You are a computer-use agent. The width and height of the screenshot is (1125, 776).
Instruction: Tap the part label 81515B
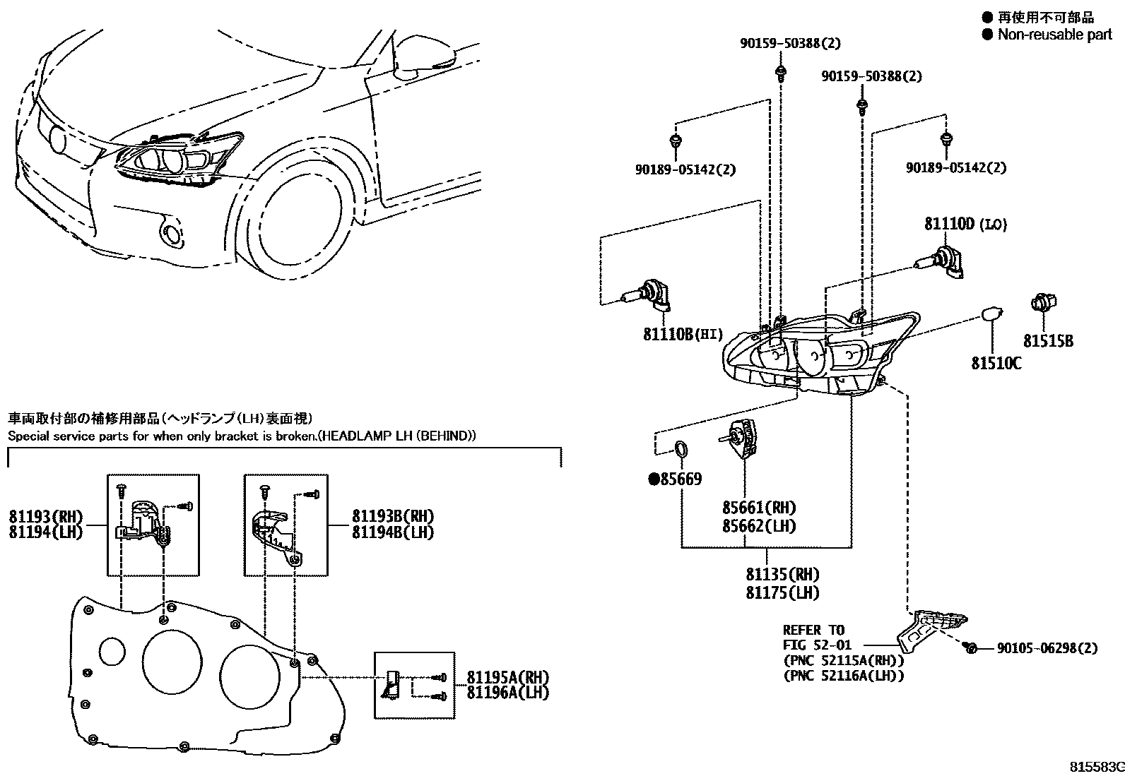tap(1049, 341)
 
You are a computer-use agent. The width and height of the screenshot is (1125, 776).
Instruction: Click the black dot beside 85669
tap(654, 480)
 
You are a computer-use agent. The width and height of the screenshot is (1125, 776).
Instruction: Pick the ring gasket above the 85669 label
tap(682, 449)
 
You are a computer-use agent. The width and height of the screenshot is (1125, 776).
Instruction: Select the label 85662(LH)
tap(759, 526)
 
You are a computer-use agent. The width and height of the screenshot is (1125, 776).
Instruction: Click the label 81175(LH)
tap(782, 593)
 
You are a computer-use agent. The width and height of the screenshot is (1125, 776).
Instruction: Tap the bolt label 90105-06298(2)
tap(1047, 648)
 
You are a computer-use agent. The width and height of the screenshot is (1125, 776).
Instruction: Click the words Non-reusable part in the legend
tap(1054, 35)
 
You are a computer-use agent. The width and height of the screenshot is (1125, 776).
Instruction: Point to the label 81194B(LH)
tap(393, 532)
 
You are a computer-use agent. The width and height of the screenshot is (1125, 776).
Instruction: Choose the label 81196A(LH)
tap(507, 693)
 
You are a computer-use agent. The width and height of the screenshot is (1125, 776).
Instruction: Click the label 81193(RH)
tap(46, 516)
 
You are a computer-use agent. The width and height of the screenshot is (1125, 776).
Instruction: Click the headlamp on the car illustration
tap(173, 161)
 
